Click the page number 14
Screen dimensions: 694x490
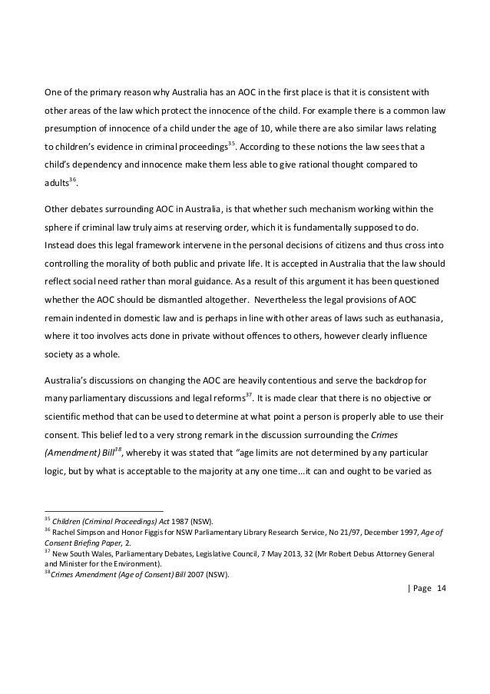click(x=441, y=589)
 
